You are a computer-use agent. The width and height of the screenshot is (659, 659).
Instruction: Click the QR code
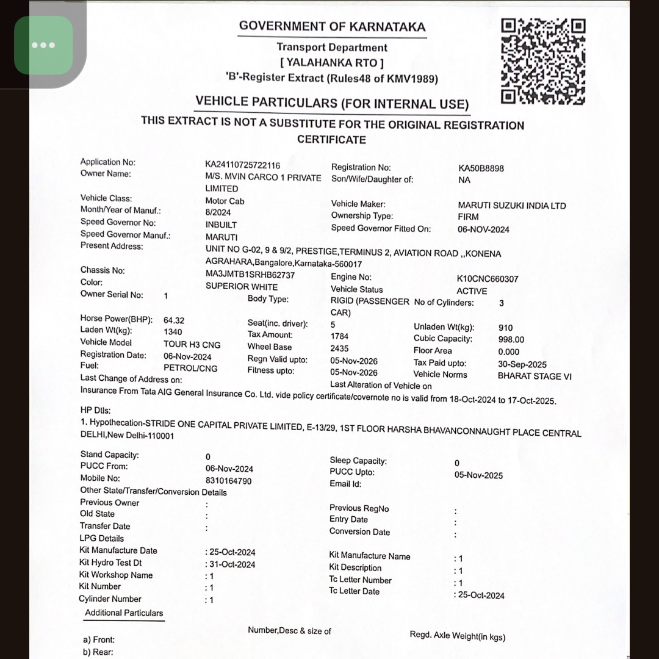[543, 61]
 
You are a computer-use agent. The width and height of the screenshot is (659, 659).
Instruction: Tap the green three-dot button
[44, 45]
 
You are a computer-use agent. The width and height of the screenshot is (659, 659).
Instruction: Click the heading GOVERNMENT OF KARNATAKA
[332, 26]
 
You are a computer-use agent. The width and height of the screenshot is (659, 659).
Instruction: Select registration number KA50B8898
[481, 168]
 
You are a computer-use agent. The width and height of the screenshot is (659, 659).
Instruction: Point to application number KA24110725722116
[243, 165]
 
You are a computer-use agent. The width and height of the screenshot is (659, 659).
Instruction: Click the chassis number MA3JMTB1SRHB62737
[250, 275]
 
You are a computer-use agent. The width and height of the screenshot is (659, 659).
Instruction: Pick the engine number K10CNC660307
[488, 279]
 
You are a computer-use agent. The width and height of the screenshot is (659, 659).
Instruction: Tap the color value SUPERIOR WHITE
[242, 287]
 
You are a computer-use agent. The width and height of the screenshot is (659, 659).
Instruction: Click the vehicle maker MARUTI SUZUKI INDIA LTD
[512, 206]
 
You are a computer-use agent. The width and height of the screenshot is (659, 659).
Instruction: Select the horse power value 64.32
[174, 320]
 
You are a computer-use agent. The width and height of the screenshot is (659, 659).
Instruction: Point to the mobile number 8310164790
[228, 481]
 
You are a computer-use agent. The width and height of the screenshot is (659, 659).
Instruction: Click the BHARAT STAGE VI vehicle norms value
[535, 376]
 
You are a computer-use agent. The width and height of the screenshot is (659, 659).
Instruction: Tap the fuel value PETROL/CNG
[190, 368]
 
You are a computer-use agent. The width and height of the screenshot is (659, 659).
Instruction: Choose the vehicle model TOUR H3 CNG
[192, 345]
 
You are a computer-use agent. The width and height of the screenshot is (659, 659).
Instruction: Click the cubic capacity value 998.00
[511, 339]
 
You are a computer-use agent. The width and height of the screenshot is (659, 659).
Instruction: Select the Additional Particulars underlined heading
[124, 613]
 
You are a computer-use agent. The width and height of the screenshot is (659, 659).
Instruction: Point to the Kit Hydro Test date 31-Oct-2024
[232, 564]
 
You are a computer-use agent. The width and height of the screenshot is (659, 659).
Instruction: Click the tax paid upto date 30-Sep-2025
[522, 364]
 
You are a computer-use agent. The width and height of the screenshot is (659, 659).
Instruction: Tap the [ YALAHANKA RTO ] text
[332, 62]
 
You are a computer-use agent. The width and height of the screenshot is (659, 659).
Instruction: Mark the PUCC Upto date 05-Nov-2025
[478, 475]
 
